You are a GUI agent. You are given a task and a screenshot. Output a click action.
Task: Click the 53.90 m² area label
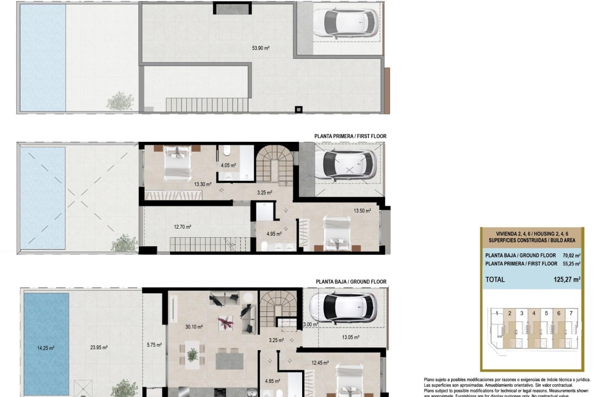pos(261,48)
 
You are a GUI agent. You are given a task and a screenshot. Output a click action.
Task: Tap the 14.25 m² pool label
pos(46,348)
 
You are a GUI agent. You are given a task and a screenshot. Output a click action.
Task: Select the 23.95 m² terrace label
pos(99,347)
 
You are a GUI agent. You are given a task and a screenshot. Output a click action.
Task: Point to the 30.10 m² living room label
pos(194,327)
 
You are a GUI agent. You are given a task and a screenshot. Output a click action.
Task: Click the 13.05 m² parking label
pos(350,337)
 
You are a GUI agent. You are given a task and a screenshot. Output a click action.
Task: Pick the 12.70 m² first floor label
pos(183,227)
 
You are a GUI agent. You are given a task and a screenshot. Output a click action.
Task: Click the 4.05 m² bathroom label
pos(228,165)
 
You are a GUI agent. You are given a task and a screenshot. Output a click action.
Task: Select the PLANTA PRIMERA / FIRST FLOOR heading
pos(350,136)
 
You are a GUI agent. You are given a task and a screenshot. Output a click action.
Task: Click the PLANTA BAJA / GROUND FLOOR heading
pos(351,282)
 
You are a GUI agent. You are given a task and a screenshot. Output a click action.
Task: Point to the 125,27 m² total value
pos(566,279)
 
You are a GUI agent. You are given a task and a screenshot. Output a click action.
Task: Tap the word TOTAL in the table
pos(495,279)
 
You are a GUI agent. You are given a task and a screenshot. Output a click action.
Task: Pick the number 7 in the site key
pos(571,313)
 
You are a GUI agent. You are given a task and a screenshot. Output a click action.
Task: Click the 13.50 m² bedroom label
pos(362,211)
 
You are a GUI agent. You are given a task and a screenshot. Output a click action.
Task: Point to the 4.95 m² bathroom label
pos(274,233)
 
